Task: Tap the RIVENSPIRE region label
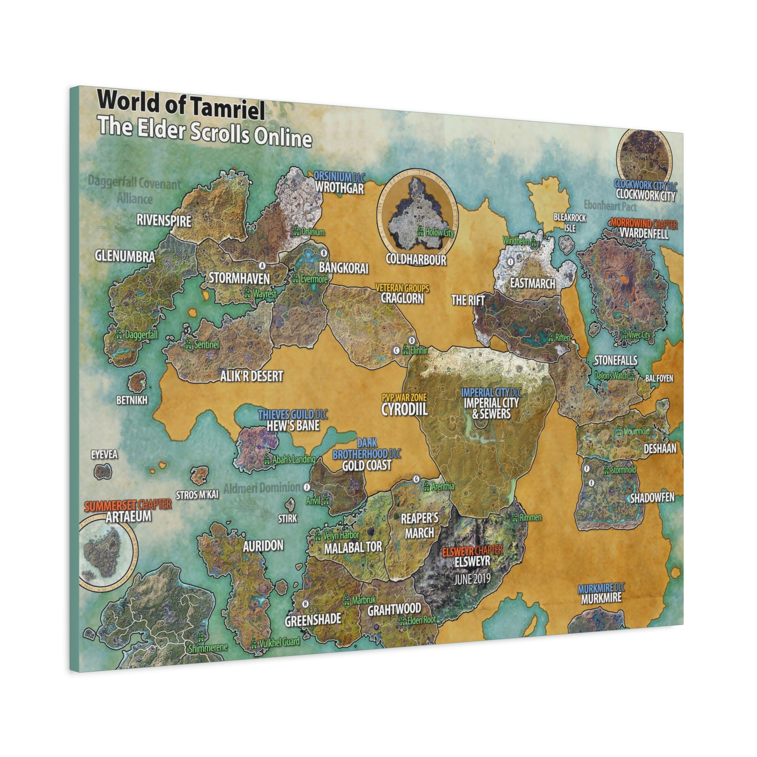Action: [x=164, y=221]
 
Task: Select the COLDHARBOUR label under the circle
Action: [x=416, y=259]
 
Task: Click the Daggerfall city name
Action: [x=141, y=335]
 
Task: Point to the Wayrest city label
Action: [x=265, y=293]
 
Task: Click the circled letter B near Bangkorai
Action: [x=324, y=253]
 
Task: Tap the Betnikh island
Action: [x=137, y=382]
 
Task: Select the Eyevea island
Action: [x=103, y=471]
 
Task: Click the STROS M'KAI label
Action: [x=197, y=495]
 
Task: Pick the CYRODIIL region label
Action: [x=404, y=410]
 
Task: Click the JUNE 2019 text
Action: [x=472, y=579]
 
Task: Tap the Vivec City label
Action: [x=639, y=335]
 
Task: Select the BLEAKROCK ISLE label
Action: [x=570, y=222]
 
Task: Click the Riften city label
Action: [x=563, y=337]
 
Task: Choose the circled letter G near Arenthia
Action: [x=417, y=479]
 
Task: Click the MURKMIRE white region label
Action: [x=601, y=598]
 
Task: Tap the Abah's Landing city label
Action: [x=294, y=459]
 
